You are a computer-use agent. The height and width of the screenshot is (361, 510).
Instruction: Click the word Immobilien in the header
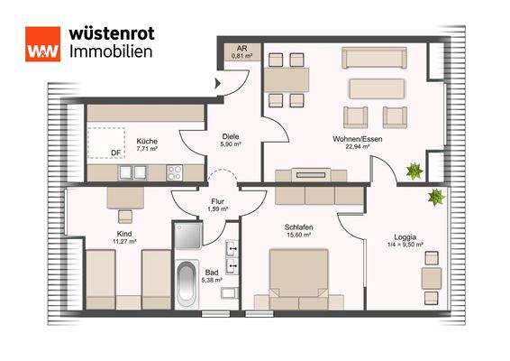click(111, 51)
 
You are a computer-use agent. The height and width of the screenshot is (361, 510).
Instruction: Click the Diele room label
click(231, 137)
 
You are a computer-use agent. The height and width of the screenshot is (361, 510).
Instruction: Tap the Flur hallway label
click(216, 202)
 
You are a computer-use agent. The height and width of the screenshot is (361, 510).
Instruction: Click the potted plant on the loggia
click(436, 195)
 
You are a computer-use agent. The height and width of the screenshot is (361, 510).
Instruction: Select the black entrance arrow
click(216, 84)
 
